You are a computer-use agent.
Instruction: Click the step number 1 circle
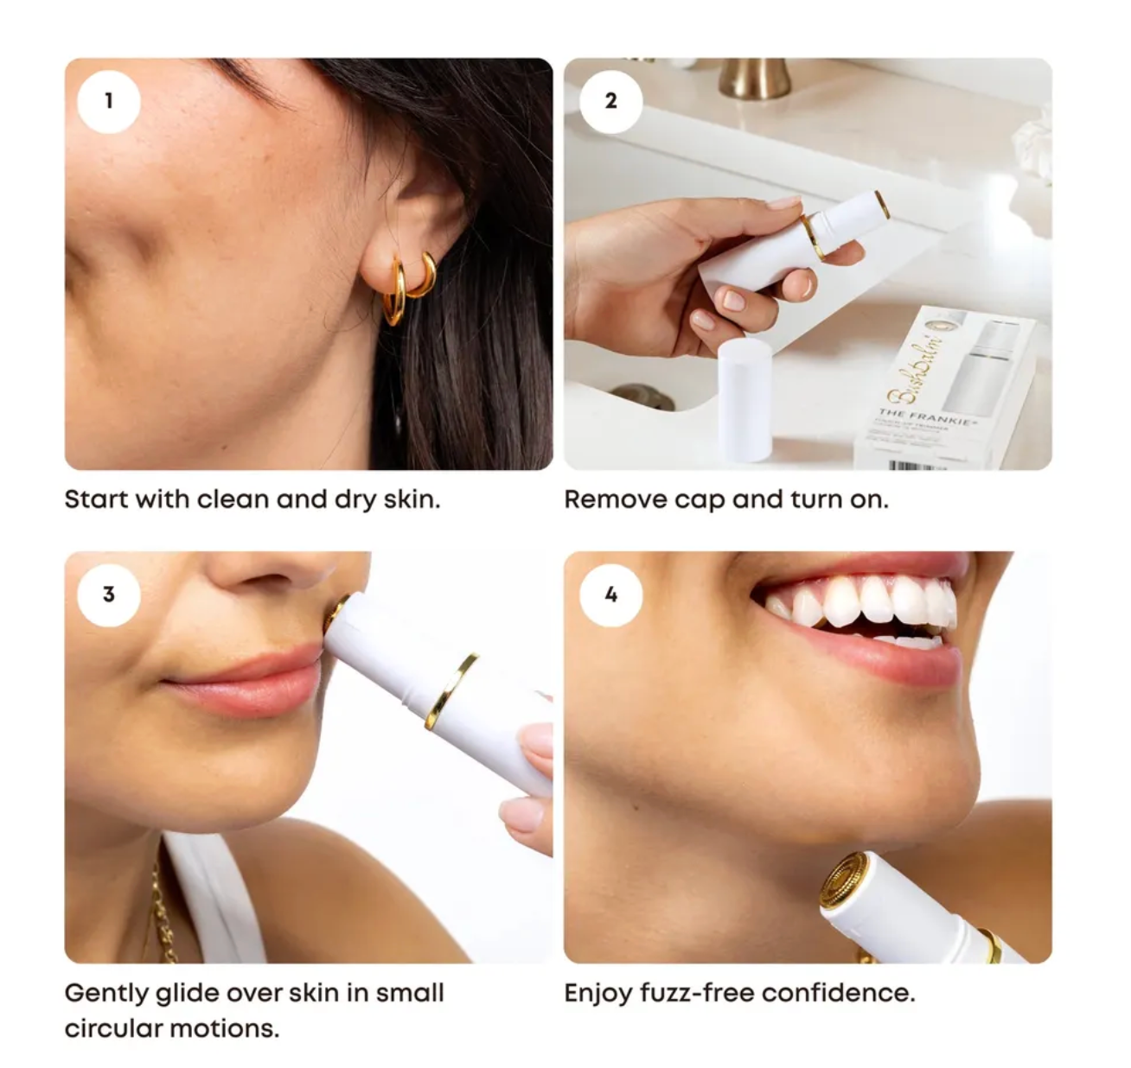(108, 101)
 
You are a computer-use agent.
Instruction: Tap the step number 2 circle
(610, 101)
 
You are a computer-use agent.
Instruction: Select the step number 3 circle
(108, 594)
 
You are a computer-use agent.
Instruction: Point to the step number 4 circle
(610, 594)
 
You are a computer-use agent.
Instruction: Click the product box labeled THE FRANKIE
(942, 389)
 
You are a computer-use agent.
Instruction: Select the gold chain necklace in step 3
(161, 907)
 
